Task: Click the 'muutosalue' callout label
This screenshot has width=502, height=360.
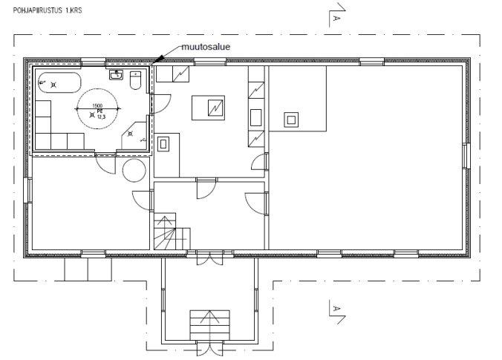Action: (206, 47)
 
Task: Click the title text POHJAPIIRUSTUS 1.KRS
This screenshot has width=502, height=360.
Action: (48, 10)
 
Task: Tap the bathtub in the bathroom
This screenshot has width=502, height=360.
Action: (59, 82)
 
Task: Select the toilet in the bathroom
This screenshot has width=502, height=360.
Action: (135, 81)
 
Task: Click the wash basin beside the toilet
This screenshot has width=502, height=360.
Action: (116, 75)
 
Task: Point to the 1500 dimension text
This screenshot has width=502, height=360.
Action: (97, 106)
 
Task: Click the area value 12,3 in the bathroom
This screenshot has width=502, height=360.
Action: (101, 117)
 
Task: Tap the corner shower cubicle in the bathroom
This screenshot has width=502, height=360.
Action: (134, 135)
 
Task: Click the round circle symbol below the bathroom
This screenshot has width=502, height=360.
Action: (134, 171)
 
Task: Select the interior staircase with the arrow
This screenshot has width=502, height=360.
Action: (172, 232)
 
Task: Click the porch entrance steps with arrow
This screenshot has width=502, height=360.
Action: (209, 325)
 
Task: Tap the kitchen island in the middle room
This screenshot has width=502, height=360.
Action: (208, 108)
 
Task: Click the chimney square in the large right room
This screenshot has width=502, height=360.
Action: (291, 120)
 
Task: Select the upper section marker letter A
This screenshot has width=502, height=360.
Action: (336, 19)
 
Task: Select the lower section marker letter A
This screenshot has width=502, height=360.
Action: (336, 309)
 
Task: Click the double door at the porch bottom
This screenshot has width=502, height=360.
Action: (209, 347)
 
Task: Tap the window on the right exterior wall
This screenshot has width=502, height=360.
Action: (466, 156)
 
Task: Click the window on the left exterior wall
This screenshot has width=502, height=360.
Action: (28, 191)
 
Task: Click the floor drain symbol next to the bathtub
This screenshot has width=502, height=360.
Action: (53, 85)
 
